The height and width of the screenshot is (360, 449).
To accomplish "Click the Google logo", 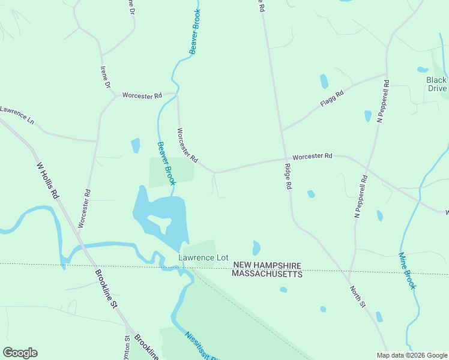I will click(x=20, y=353).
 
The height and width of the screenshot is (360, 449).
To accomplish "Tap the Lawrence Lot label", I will click(x=203, y=257).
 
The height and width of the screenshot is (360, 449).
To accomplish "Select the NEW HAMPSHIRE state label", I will click(x=267, y=265).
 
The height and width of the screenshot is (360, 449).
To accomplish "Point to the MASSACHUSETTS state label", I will click(x=267, y=274).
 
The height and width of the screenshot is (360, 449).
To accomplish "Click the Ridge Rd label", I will click(x=288, y=177).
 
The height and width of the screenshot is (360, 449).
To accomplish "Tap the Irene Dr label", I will click(x=106, y=77).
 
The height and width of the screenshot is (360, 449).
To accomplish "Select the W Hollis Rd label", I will click(x=48, y=181).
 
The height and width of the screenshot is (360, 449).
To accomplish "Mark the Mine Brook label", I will click(x=407, y=271).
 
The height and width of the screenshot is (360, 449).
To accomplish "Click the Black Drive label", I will click(x=436, y=84).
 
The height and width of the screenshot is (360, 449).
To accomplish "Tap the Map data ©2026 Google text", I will click(x=411, y=355).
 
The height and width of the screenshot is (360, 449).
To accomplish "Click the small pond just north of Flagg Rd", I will click(x=324, y=81).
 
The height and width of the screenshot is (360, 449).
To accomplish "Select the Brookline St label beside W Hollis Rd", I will click(x=106, y=288).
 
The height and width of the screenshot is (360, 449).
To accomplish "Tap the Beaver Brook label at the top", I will click(x=194, y=32).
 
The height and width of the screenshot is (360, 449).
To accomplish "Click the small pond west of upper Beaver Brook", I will click(x=135, y=145).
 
